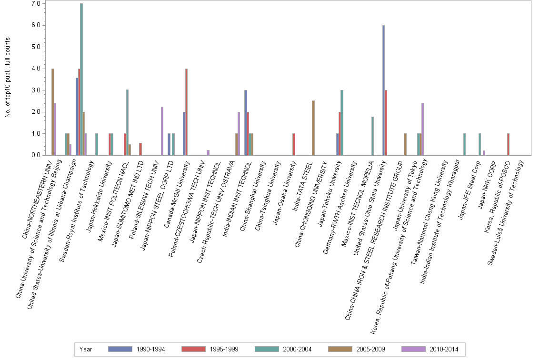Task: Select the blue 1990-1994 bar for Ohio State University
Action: pyautogui.click(x=383, y=90)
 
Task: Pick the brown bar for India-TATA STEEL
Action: pyautogui.click(x=313, y=128)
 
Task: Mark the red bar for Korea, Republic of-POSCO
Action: pyautogui.click(x=509, y=144)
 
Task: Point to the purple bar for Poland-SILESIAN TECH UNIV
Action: pyautogui.click(x=162, y=131)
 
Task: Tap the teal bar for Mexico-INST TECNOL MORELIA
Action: pyautogui.click(x=372, y=136)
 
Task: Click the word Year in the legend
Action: pyautogui.click(x=86, y=350)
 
